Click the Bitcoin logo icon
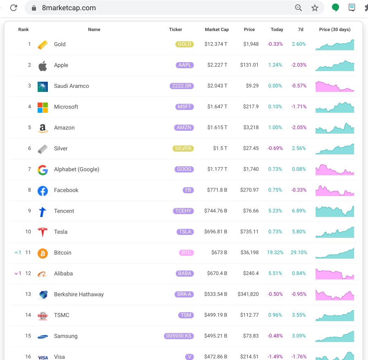[43, 253]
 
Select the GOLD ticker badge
[184, 44]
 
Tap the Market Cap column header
[217, 29]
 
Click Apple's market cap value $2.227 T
[216, 65]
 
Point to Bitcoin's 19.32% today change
[275, 253]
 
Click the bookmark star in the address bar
[314, 8]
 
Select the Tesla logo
[43, 232]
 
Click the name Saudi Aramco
[71, 86]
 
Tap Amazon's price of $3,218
[251, 127]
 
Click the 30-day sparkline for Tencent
[335, 211]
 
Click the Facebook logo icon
[43, 190]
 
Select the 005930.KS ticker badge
[179, 336]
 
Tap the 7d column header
[301, 29]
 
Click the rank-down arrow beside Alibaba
[16, 273]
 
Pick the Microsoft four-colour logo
[43, 107]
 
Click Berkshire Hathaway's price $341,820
[248, 294]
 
